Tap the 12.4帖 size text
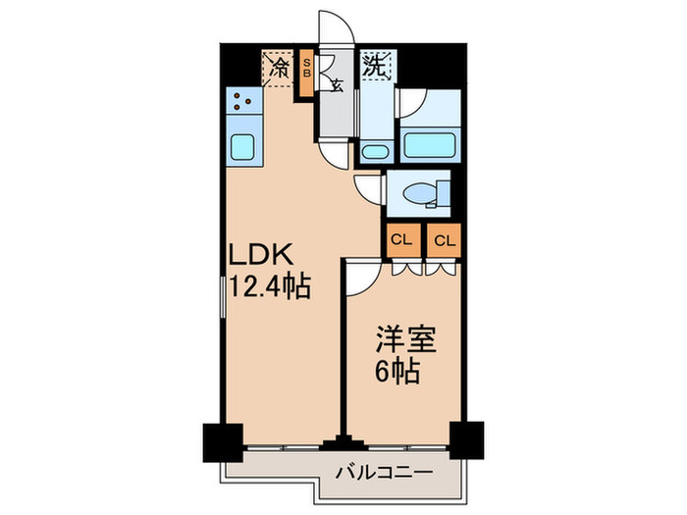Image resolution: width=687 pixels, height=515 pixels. click(x=270, y=287)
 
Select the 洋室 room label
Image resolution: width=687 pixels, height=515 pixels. click(x=403, y=342)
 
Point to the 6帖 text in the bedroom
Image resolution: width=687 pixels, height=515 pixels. click(x=400, y=373)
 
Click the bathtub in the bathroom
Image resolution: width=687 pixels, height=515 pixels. click(x=431, y=145)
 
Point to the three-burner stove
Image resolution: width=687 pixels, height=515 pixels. click(x=241, y=100)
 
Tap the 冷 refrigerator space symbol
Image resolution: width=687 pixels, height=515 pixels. click(x=280, y=69)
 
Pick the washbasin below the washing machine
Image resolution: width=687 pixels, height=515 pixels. click(x=373, y=151)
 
